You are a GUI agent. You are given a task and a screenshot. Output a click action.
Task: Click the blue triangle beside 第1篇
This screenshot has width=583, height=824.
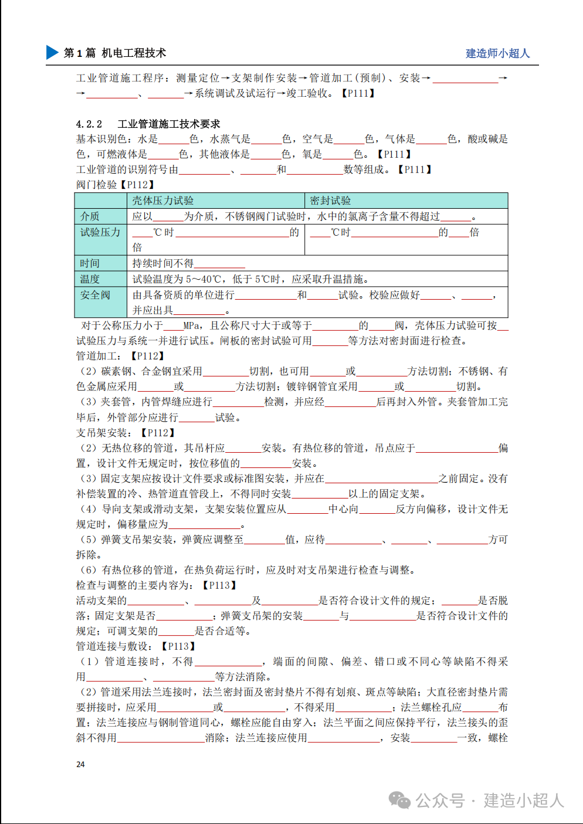(x=52, y=52)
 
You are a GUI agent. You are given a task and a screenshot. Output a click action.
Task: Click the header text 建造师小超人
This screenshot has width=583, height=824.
(x=497, y=53)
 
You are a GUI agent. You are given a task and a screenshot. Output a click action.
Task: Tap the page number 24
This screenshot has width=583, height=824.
(x=80, y=764)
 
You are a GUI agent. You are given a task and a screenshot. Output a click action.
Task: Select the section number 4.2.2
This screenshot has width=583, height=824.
(x=89, y=124)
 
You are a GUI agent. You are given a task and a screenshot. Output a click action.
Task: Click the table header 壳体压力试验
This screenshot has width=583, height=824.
(x=162, y=201)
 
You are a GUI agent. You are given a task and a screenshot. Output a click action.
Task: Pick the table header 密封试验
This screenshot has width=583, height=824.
(x=330, y=201)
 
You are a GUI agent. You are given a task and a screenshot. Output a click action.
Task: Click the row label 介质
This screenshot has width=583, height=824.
(x=90, y=216)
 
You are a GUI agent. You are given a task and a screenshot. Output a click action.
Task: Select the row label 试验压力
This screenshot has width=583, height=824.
(x=100, y=232)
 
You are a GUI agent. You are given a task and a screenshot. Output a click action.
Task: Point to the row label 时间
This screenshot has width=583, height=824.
(x=90, y=263)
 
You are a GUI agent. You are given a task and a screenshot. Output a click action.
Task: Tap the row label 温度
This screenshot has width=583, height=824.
(x=90, y=279)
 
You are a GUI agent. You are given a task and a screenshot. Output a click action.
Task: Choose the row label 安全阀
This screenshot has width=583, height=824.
(x=95, y=295)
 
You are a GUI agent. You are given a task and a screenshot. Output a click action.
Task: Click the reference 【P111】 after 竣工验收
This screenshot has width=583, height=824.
(x=358, y=93)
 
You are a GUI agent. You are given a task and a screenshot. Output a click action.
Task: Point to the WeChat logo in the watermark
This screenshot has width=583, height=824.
(x=400, y=800)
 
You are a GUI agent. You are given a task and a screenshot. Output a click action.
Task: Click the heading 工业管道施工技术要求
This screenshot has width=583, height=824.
(x=169, y=124)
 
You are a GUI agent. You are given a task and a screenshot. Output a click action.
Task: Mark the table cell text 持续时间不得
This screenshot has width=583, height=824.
(x=162, y=263)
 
